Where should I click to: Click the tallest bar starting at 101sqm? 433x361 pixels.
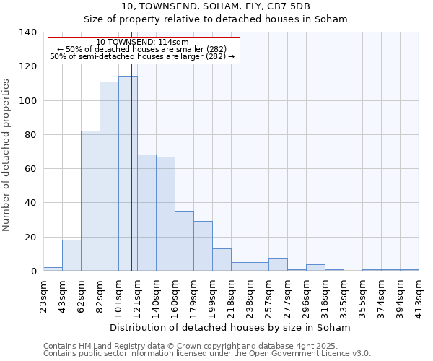point(128,173)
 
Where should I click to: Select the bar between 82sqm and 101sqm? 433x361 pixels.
point(109,176)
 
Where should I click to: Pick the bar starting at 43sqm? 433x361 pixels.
point(71,255)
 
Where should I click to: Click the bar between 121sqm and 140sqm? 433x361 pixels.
point(146,212)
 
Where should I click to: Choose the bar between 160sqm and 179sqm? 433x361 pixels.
point(184,240)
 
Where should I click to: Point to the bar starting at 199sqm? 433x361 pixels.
point(222,259)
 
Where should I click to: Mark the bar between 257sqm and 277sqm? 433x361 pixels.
point(278,264)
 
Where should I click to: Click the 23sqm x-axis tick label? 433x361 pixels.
point(43,295)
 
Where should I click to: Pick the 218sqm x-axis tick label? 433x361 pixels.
point(231,295)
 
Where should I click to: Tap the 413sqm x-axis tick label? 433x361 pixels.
point(419,295)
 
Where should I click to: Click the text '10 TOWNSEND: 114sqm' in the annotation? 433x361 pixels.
point(142,43)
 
